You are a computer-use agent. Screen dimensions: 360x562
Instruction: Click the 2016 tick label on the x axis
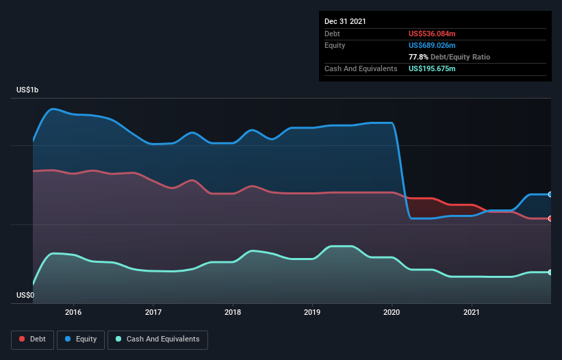coord(73,312)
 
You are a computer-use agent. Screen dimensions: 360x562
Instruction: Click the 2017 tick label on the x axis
coord(153,312)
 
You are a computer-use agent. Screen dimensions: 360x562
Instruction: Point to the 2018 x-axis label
coord(233,312)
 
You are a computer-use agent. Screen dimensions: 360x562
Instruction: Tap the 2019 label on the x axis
coord(312,312)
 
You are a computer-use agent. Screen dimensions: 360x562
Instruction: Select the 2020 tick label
coord(392,312)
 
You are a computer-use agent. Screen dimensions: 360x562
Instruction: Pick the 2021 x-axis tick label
coord(472,312)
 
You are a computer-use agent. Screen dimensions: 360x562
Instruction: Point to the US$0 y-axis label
coord(27,295)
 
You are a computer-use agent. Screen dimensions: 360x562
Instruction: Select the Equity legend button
coord(81,339)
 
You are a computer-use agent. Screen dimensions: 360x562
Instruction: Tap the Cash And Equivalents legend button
coord(157,339)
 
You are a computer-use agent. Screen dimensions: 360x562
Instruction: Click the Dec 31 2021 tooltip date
coord(345,21)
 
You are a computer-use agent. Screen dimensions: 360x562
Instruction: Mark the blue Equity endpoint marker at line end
coord(550,194)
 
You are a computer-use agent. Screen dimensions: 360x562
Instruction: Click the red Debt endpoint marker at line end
coord(550,218)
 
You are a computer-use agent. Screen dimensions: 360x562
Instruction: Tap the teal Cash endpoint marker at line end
coord(550,272)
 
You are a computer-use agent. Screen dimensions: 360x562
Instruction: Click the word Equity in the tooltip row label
coord(335,45)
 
